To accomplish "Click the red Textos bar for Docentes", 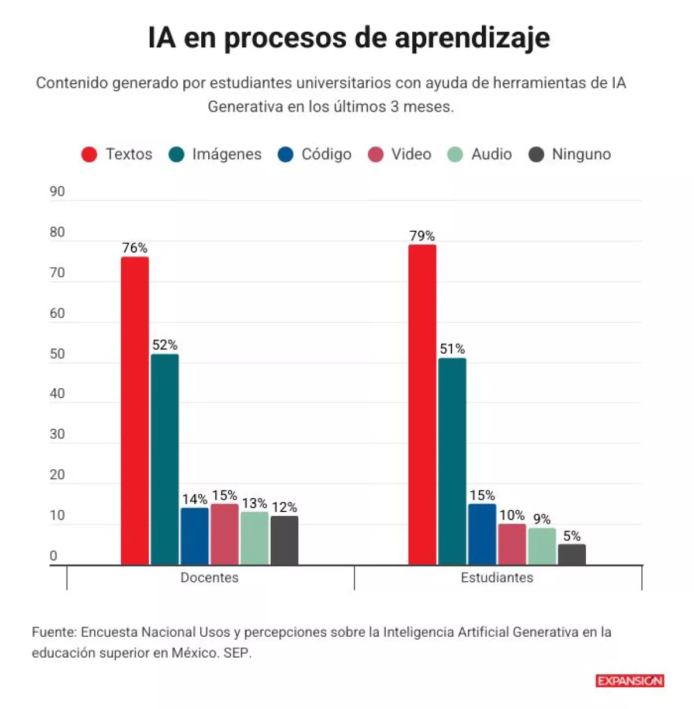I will (x=135, y=411).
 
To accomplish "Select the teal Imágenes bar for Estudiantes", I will (x=452, y=461).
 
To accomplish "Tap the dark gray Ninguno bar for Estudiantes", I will (x=571, y=554).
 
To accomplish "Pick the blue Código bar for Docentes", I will (x=194, y=536).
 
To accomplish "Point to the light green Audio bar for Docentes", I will (x=254, y=538).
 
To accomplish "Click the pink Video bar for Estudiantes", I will (x=512, y=544).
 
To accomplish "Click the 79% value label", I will (x=422, y=236).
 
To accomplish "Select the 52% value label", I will (x=165, y=345).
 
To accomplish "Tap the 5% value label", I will (x=572, y=536).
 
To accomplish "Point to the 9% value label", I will (x=542, y=519).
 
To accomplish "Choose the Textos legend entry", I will (x=117, y=154).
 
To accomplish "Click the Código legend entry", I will (x=315, y=154).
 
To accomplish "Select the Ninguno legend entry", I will (x=570, y=154).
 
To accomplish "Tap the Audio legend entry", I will (x=480, y=154).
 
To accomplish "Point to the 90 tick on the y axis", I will (x=57, y=192).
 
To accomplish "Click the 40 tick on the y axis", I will (x=57, y=394).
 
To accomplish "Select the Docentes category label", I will (x=209, y=577).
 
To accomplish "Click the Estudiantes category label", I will (x=497, y=577).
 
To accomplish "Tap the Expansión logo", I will (x=630, y=681).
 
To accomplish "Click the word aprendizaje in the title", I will (x=472, y=39).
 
